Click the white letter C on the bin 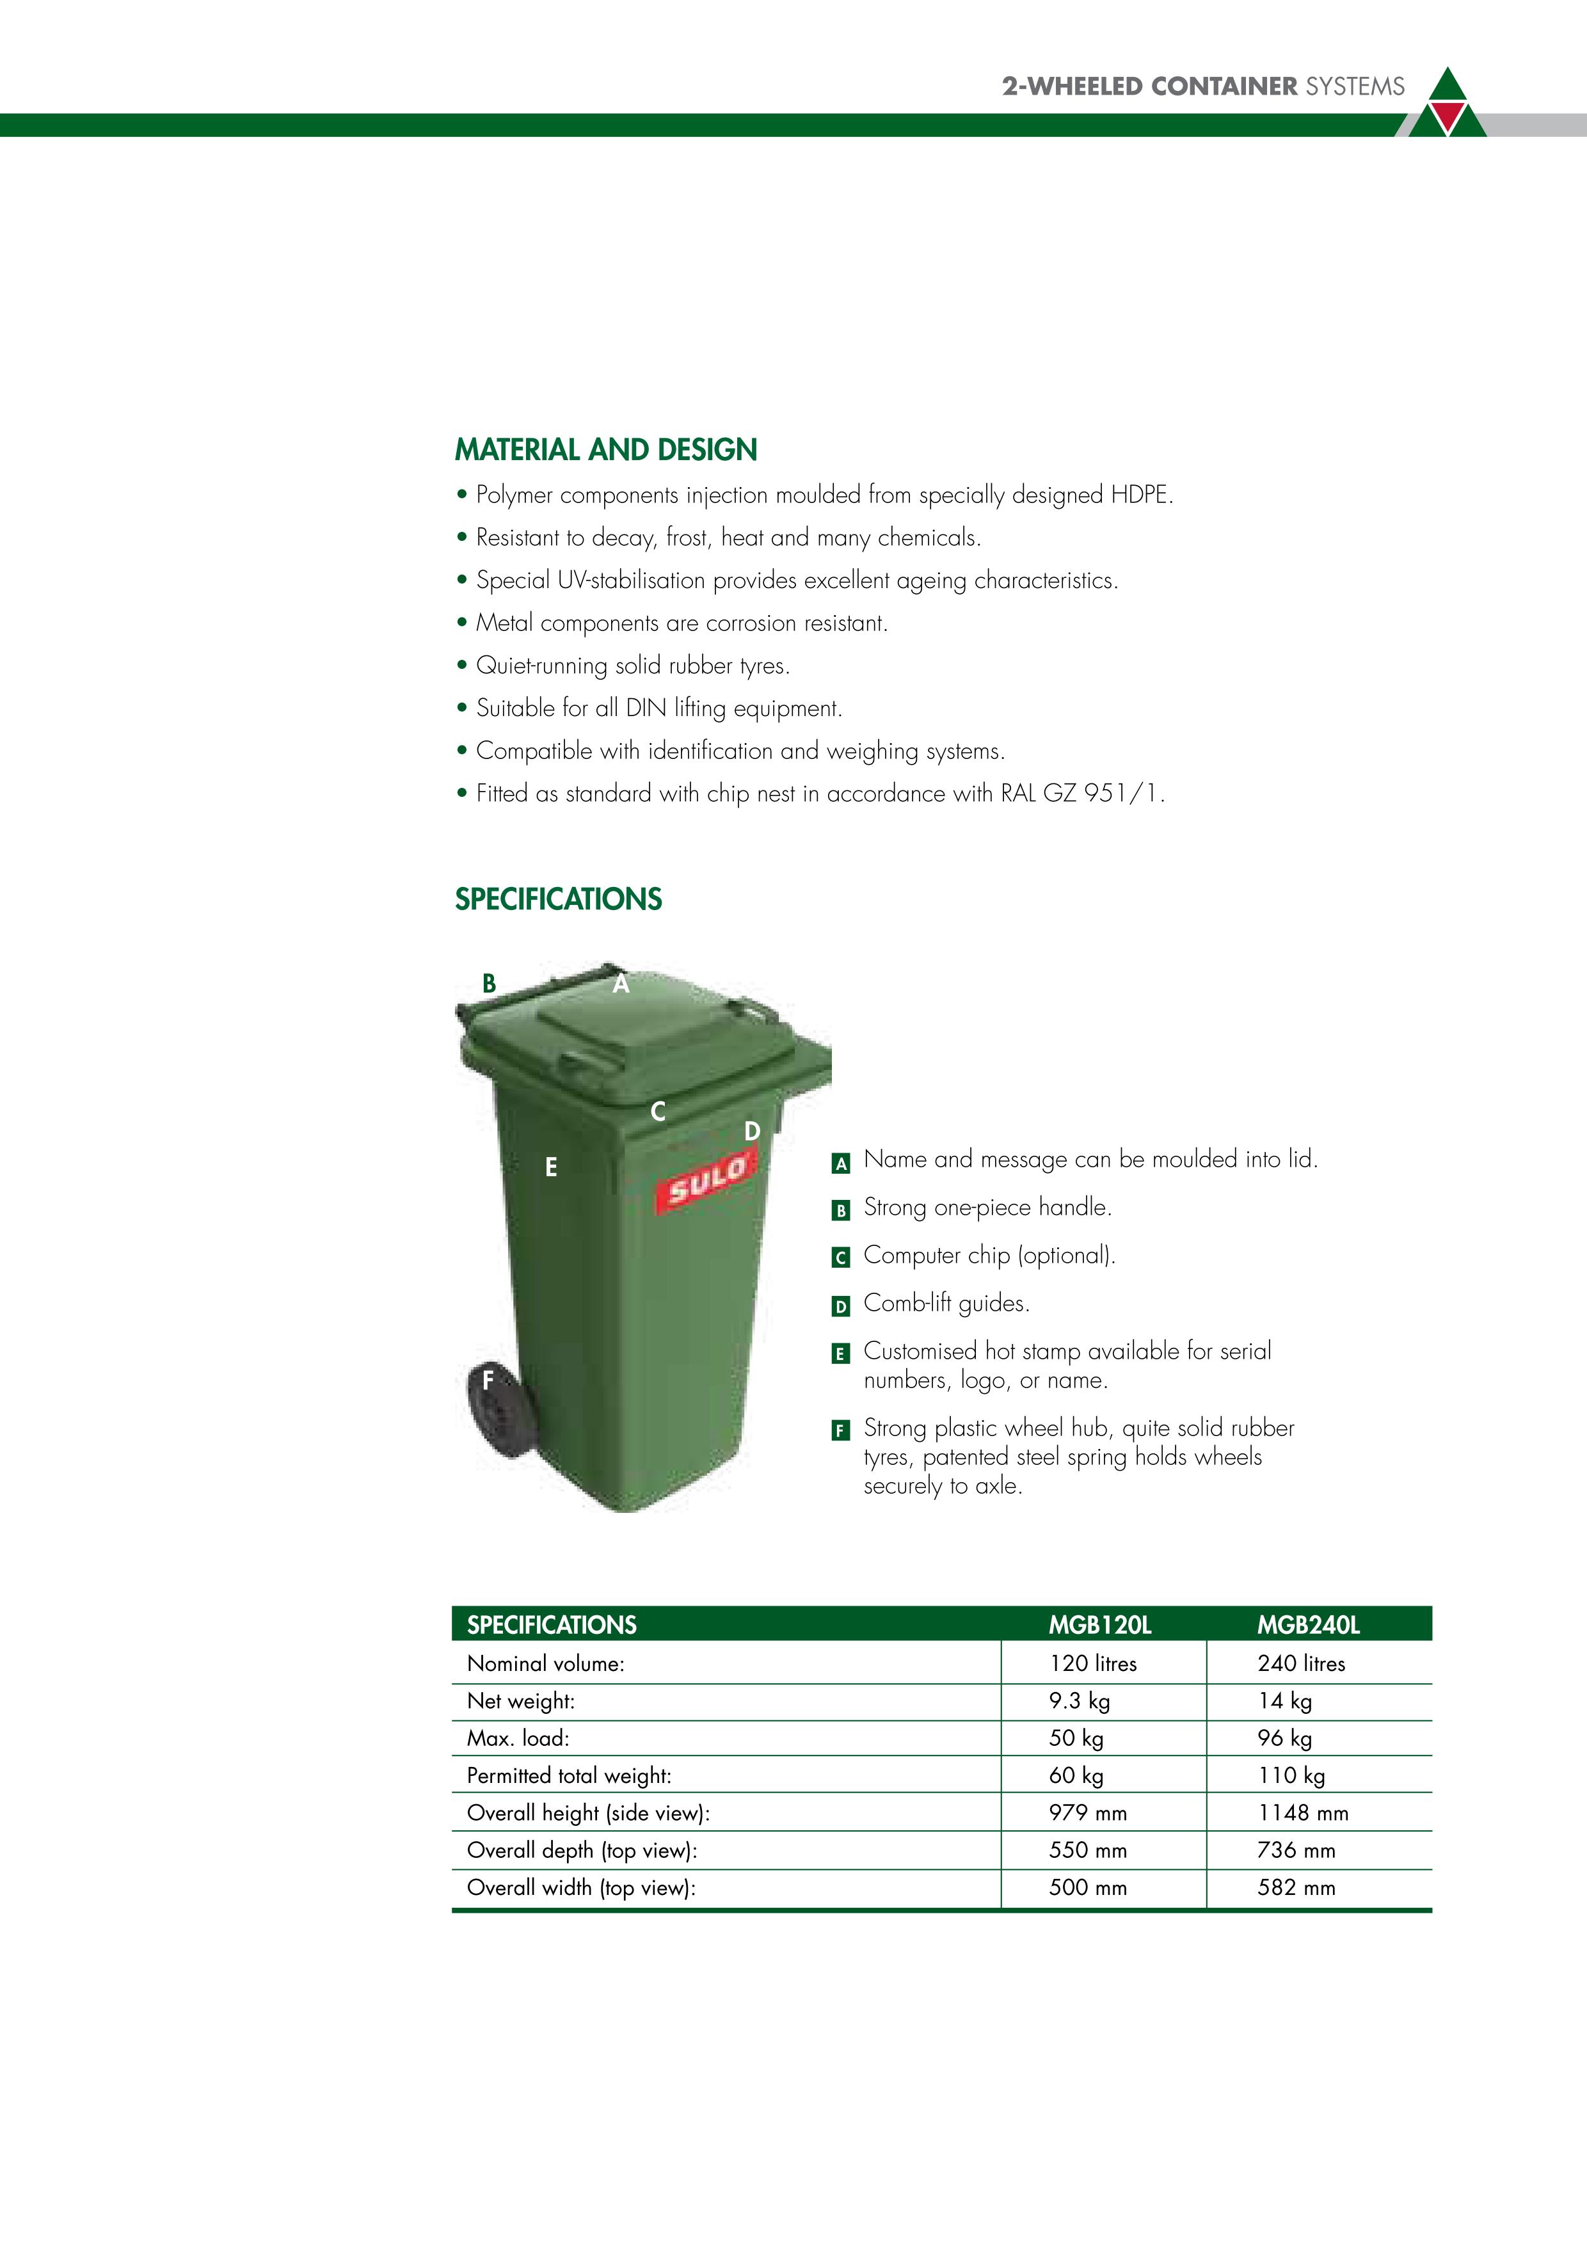pos(658,1112)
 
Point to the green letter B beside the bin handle pos(489,984)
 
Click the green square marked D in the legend pos(840,1306)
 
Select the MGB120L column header pos(1100,1625)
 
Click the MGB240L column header pos(1309,1625)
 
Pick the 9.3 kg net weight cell pos(1080,1702)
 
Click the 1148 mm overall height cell pos(1302,1813)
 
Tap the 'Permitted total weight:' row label pos(569,1776)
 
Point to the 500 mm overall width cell pos(1087,1888)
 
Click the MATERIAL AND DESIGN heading pos(606,450)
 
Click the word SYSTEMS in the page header pos(1355,87)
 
